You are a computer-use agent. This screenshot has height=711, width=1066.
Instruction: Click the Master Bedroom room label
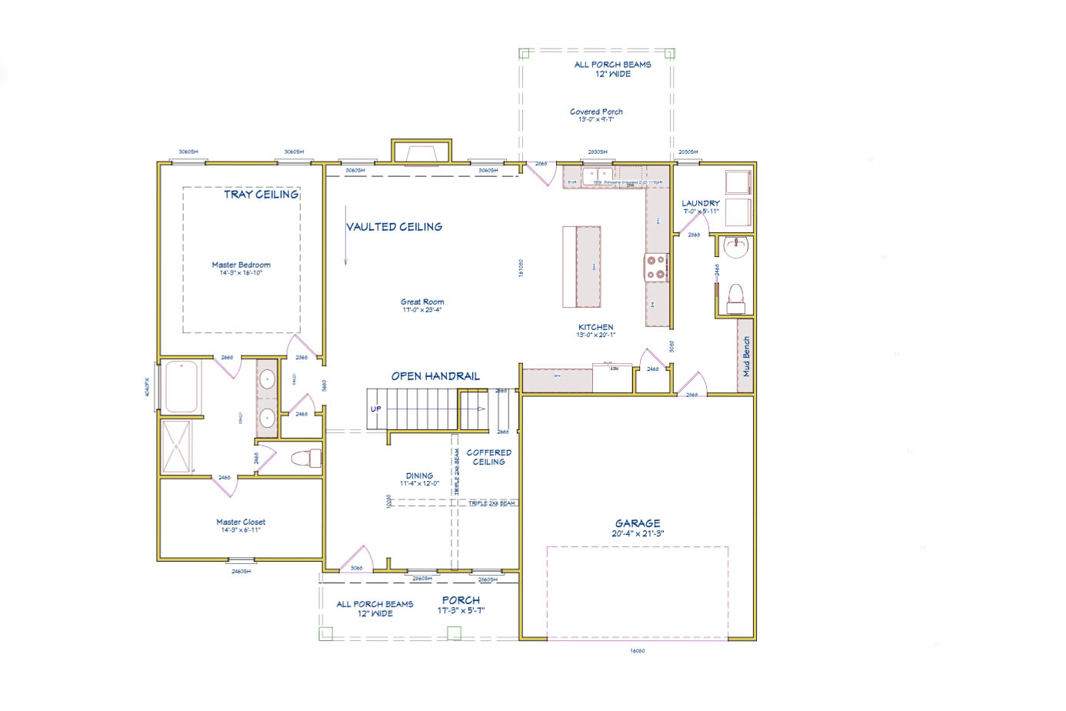241,265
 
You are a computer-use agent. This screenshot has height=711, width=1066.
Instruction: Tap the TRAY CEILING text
261,195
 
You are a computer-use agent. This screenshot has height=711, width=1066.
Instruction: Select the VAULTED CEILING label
394,227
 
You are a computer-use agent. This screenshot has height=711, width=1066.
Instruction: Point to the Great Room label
421,302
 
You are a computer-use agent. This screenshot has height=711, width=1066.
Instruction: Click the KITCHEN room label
596,327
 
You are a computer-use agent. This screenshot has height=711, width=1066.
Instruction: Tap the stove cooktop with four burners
656,267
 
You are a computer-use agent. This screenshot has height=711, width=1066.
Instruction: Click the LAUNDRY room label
700,204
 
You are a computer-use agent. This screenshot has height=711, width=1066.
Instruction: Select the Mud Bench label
745,356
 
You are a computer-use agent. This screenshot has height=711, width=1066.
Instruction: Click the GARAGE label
637,523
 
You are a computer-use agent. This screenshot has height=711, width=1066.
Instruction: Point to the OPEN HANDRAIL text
435,376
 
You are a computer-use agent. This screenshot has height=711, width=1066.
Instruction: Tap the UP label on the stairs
375,409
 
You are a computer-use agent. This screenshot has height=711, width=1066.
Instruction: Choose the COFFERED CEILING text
488,457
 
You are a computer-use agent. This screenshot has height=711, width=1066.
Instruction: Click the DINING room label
419,476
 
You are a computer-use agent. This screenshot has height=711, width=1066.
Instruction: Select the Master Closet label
240,522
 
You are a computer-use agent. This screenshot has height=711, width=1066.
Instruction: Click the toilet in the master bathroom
306,459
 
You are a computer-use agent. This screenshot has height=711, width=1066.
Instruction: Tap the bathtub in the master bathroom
182,386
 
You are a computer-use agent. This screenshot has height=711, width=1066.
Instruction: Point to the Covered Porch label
596,112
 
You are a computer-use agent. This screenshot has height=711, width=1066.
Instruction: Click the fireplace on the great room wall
421,152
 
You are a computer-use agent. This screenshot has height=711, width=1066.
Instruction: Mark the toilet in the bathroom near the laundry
735,298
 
